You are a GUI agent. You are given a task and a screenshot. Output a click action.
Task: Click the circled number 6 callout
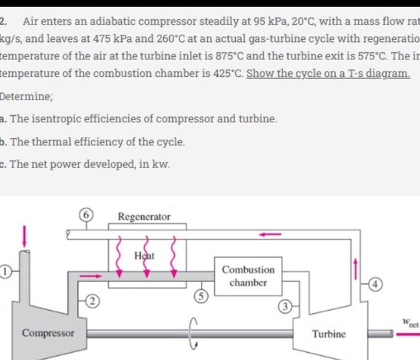(x=88, y=214)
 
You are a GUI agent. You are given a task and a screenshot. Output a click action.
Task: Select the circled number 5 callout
(x=203, y=296)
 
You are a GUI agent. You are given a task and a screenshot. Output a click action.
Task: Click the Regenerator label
(x=144, y=217)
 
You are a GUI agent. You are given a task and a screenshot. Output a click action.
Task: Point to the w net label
(x=410, y=323)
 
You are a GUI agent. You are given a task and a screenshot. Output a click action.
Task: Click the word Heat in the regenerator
(x=144, y=256)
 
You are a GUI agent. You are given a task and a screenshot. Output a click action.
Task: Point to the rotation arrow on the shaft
(x=193, y=333)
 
